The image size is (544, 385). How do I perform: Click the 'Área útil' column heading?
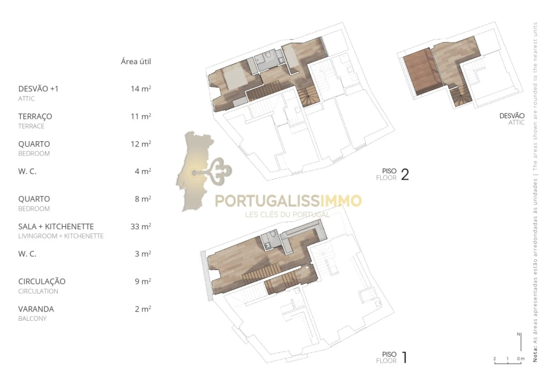pos(136,61)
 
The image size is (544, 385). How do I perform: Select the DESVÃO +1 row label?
pos(38,89)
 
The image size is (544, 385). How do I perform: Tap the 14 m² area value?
pos(141,89)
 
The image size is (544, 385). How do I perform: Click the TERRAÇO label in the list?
pos(35,117)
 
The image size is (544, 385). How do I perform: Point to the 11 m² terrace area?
pos(141,117)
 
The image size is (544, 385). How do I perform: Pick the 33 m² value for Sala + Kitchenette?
pos(141,227)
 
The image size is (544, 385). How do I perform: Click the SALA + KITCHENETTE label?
pos(56,227)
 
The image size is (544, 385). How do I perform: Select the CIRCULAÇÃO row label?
pos(42,281)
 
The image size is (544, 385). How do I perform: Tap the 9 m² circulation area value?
pos(143,281)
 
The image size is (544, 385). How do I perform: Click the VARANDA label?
pos(36,309)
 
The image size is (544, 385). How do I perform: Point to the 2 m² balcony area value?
pos(143,309)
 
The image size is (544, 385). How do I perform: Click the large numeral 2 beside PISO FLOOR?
pos(405,175)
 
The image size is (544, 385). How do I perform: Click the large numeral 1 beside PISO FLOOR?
pos(404,357)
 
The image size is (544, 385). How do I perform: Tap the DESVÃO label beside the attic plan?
pos(512,116)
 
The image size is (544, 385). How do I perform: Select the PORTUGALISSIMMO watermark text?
pos(288,202)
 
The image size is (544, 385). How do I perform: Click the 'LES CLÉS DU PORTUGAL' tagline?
pos(286,214)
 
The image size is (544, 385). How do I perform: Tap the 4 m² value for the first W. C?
pos(143,172)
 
